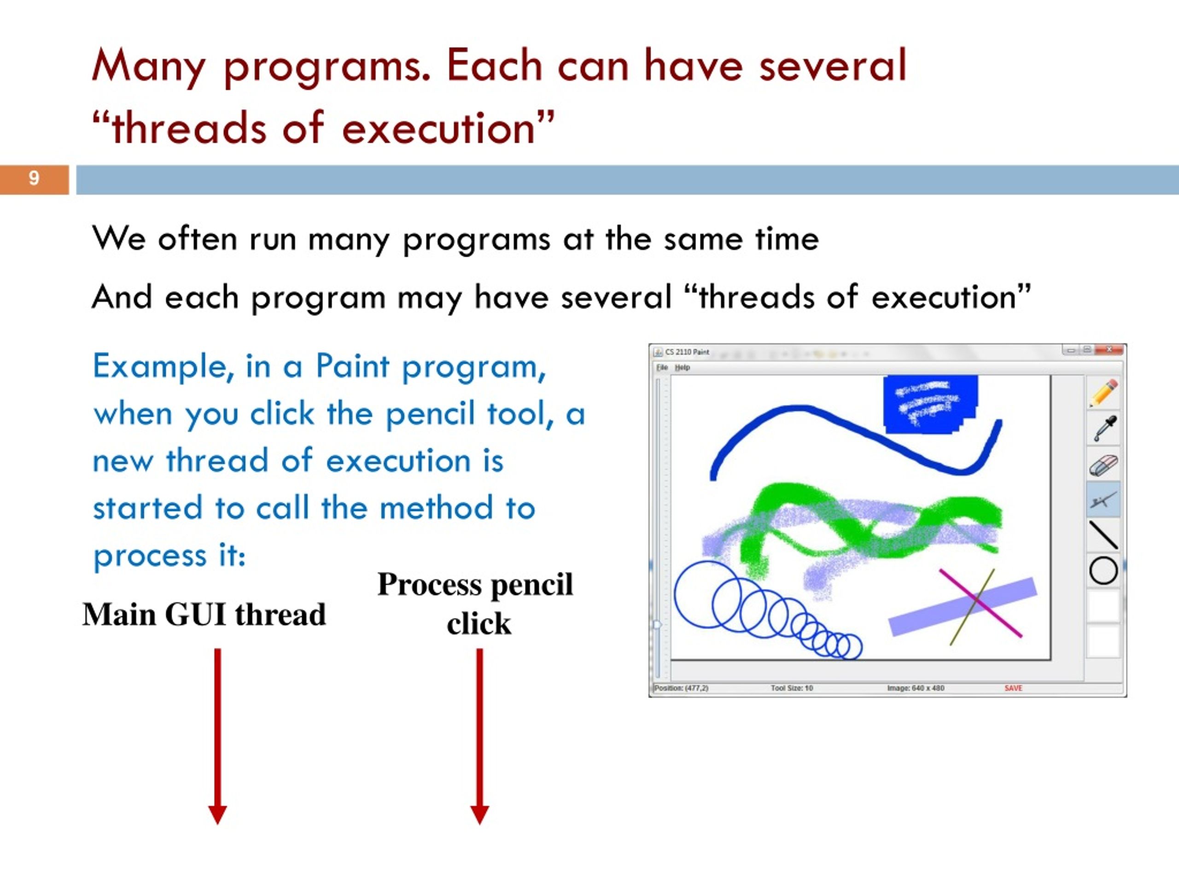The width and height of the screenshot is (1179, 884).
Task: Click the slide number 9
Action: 34,178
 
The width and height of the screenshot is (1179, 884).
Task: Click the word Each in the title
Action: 494,65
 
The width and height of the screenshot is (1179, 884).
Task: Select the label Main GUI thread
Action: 204,614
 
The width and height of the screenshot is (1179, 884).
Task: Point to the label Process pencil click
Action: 476,604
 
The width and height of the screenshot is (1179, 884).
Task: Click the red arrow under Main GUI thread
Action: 217,736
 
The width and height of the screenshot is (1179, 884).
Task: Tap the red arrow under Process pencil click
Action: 480,736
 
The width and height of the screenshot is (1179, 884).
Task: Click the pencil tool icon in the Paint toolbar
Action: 1103,393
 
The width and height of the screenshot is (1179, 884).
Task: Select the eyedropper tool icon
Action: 1103,428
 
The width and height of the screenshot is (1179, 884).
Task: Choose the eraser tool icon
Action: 1103,465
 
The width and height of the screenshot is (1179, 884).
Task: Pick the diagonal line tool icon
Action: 1103,535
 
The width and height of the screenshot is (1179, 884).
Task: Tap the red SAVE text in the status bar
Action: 1013,688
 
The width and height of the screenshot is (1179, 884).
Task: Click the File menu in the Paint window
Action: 662,367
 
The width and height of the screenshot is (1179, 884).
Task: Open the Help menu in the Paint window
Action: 682,367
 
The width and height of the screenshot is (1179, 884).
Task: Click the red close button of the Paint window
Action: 1110,349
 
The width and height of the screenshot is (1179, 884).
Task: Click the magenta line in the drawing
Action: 981,603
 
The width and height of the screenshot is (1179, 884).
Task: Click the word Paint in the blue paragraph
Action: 352,366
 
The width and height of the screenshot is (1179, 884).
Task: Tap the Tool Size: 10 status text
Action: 792,688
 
